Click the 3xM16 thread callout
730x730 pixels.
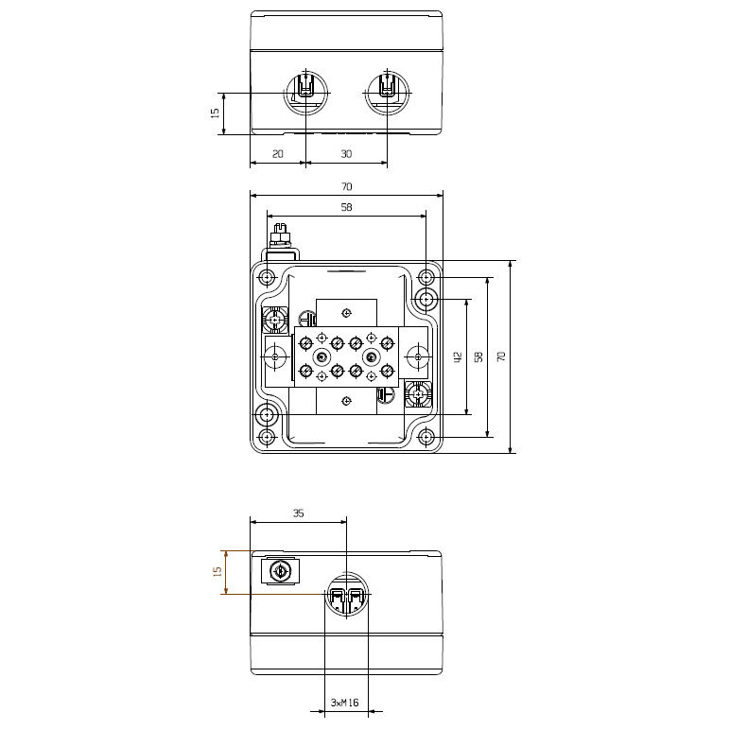coord(344,702)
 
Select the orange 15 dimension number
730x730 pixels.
coord(217,572)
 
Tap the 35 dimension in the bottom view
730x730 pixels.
coord(299,513)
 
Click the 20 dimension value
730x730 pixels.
coord(277,153)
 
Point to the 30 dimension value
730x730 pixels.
coord(346,153)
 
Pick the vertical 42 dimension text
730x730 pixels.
coord(457,357)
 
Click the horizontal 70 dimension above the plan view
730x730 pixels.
coord(346,186)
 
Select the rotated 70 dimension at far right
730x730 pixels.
coord(501,357)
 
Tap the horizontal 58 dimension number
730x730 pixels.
coord(346,207)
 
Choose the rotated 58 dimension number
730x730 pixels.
coord(478,357)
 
